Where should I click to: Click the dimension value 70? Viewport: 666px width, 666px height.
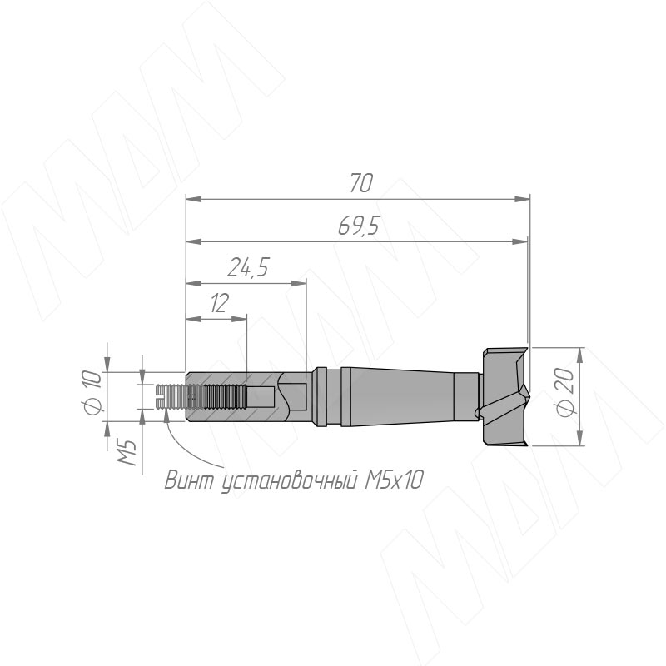click(361, 183)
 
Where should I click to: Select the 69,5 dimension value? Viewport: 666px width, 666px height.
click(358, 226)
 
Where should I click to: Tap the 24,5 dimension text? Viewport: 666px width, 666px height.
click(248, 267)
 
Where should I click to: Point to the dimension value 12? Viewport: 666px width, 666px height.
click(220, 303)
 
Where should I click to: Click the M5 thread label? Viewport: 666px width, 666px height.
click(127, 452)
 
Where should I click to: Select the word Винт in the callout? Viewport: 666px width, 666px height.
click(191, 480)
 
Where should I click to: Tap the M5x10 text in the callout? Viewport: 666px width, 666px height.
click(393, 480)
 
